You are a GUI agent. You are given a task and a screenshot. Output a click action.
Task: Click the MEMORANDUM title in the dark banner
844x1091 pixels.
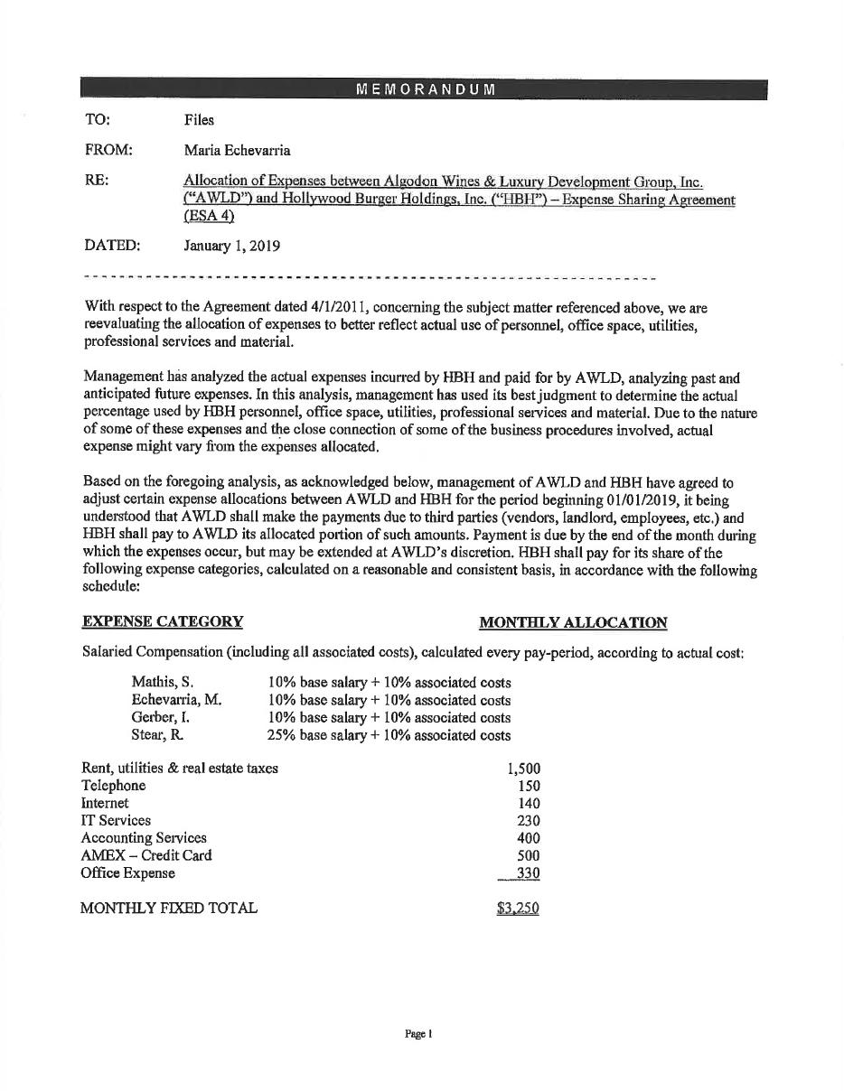(x=425, y=89)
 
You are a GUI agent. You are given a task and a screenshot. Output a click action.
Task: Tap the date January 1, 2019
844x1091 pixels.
(x=231, y=246)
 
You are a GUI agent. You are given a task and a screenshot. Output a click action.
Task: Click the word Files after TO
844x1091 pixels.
(x=199, y=119)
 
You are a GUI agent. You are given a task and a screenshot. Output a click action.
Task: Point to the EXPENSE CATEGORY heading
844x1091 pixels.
(x=163, y=621)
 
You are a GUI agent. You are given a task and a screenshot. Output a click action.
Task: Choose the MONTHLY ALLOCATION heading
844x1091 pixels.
(x=573, y=622)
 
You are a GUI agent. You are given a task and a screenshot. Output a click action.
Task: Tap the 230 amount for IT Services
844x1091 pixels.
(x=529, y=820)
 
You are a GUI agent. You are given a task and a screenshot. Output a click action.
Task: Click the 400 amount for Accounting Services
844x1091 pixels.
(x=529, y=838)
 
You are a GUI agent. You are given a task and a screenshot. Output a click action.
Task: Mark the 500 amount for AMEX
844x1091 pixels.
(x=529, y=855)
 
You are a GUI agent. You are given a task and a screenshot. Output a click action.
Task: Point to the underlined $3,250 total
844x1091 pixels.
(x=518, y=909)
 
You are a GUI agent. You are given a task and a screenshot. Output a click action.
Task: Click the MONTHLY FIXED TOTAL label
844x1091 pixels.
(x=169, y=908)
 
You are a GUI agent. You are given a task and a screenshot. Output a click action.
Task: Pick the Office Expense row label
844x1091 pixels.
(x=128, y=872)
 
